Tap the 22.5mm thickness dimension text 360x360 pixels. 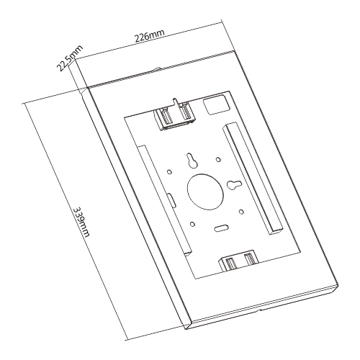coord(69,59)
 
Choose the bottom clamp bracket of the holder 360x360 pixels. coord(240,261)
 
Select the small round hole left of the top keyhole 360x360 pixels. coord(168,171)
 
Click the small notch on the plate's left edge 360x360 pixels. coord(170,197)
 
